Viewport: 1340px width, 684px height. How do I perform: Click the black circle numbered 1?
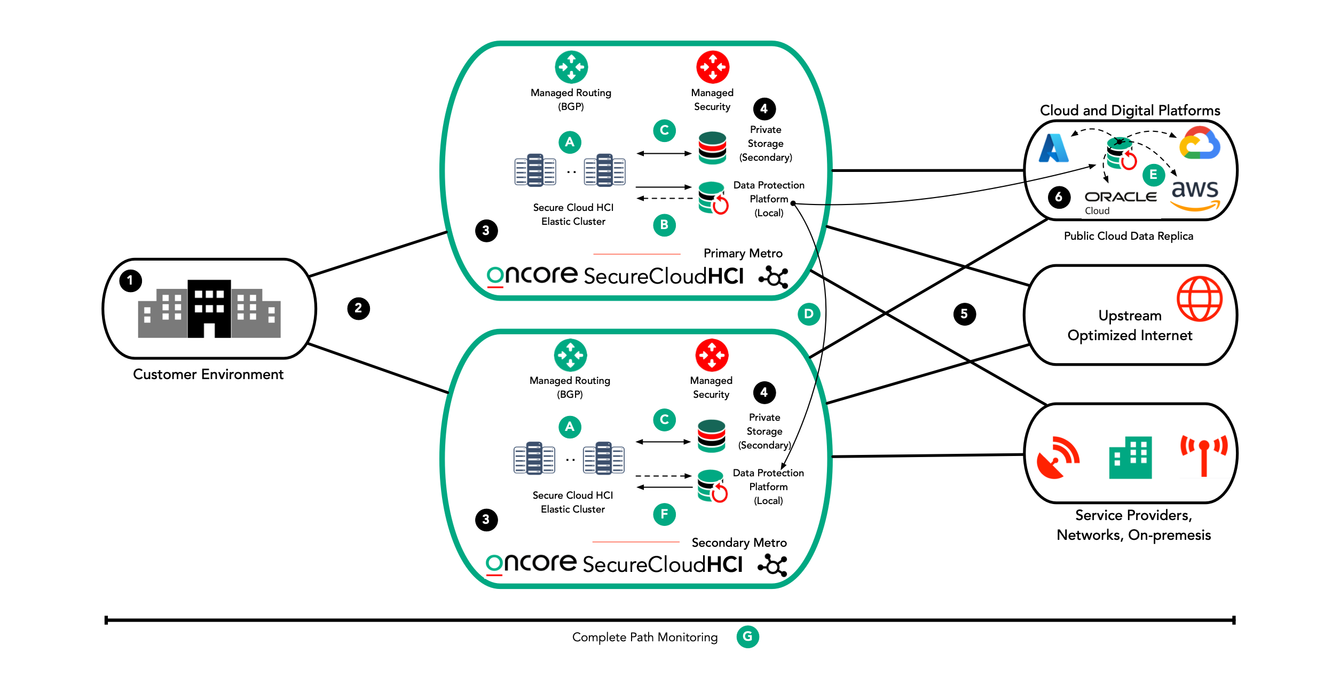click(x=130, y=280)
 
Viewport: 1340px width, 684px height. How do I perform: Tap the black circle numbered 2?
click(x=358, y=308)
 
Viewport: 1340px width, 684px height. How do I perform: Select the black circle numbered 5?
click(x=964, y=313)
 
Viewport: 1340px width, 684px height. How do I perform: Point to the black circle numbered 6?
click(x=1058, y=197)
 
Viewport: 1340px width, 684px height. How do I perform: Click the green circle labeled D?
click(x=809, y=313)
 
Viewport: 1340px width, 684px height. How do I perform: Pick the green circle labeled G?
click(x=747, y=636)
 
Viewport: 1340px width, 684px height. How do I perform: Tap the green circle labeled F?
click(x=664, y=514)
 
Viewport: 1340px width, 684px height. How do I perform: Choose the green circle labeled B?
click(x=664, y=225)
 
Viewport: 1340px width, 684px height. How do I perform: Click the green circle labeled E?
click(x=1153, y=175)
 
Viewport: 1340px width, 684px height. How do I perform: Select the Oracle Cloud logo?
click(x=1120, y=202)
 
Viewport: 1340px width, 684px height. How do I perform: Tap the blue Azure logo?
click(x=1054, y=148)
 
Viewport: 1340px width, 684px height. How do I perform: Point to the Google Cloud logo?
click(x=1200, y=143)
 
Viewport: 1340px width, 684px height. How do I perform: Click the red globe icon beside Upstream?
click(x=1199, y=298)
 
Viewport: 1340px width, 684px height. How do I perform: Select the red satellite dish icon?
click(x=1057, y=458)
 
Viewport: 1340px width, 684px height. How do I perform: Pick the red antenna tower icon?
click(x=1203, y=455)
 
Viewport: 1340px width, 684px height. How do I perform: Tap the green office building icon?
click(x=1130, y=458)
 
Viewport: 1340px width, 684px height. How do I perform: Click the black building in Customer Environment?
click(x=209, y=309)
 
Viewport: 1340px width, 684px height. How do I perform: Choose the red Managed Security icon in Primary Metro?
click(x=712, y=67)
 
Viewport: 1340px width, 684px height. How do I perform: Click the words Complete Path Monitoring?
click(x=644, y=637)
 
